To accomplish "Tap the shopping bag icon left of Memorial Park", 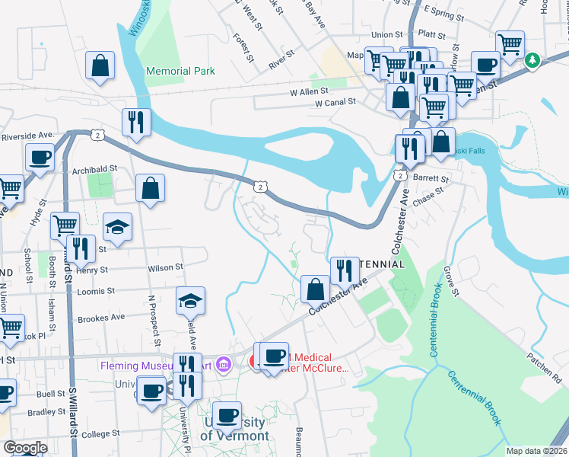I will [x=100, y=66].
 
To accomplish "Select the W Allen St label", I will [x=303, y=91].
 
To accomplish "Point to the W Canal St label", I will [x=335, y=102].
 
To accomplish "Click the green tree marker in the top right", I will [x=533, y=59].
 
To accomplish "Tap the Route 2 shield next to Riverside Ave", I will [x=97, y=135].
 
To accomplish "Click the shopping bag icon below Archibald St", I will [x=151, y=188].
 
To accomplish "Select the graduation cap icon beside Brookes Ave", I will [x=191, y=301].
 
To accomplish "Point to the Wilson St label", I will [x=166, y=267].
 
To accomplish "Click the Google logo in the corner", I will [x=24, y=448].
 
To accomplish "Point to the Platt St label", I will [x=431, y=34].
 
